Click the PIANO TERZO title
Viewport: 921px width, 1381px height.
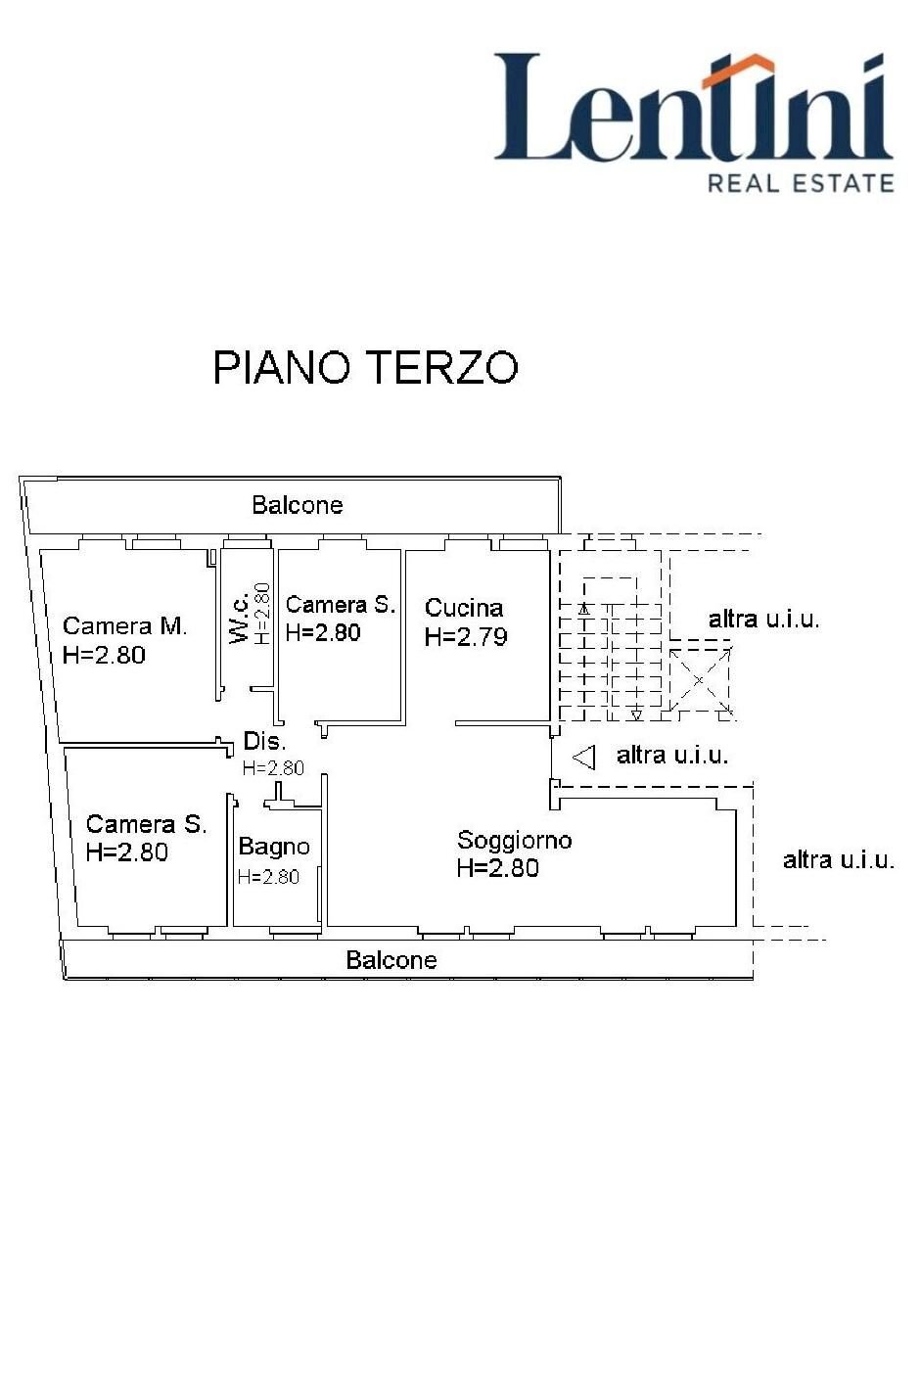365,368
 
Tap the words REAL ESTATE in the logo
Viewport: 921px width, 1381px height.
800,183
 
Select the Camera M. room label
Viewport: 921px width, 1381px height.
124,626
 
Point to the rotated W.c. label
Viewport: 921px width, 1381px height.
239,620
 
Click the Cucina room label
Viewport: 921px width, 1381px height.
464,608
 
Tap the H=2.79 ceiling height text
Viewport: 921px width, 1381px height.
466,637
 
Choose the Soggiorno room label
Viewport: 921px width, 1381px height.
514,840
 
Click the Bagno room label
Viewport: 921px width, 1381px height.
274,847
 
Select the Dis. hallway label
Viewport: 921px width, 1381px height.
264,742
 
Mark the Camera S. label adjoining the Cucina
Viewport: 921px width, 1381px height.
340,605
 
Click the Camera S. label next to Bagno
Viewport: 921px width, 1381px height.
146,824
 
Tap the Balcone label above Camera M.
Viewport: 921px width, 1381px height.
298,505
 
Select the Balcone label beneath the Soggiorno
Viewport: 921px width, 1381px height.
391,960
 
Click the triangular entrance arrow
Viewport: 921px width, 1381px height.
584,757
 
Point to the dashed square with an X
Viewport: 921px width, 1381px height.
700,679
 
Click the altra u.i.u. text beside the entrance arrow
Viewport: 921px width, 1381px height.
672,756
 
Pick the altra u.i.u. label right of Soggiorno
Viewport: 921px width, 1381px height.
839,860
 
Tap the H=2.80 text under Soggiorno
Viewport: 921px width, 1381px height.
497,868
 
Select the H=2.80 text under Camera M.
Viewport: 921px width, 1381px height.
104,656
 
